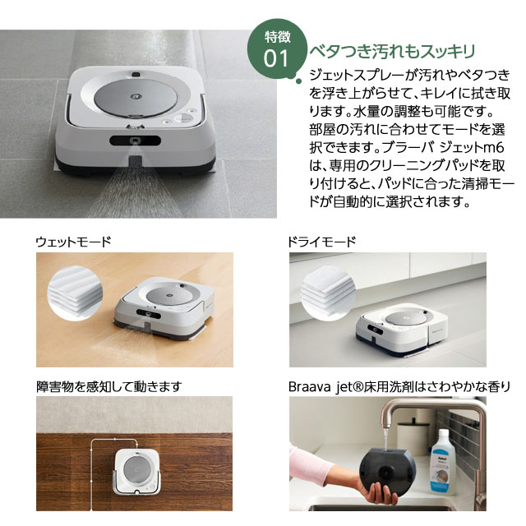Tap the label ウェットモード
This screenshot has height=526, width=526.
coord(73,242)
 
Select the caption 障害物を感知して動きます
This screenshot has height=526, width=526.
coord(108,385)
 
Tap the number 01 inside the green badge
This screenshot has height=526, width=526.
coord(276,59)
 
